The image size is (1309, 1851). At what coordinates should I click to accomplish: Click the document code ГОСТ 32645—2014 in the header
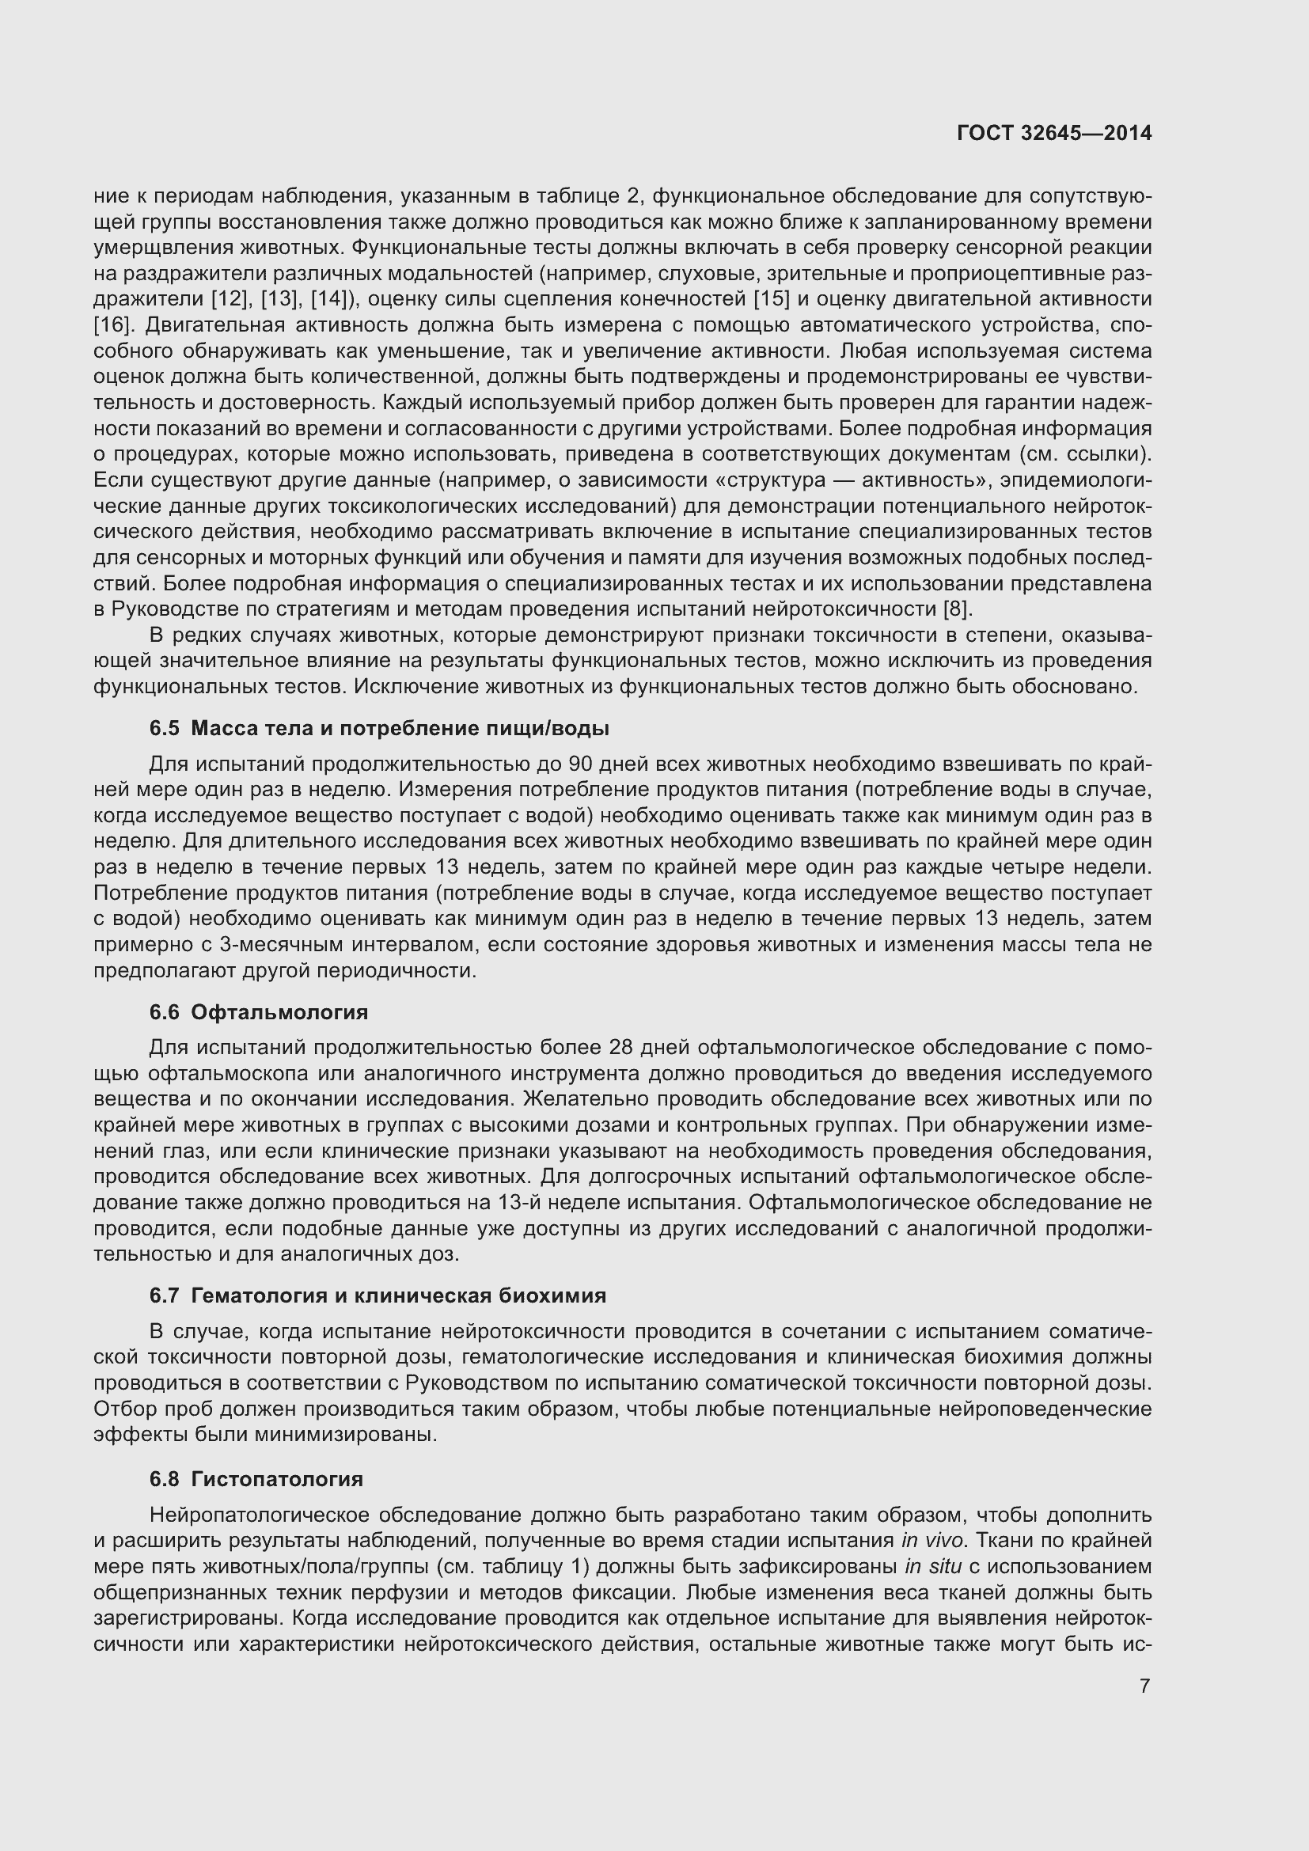coord(1054,134)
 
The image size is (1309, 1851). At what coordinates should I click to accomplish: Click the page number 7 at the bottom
coord(1144,1686)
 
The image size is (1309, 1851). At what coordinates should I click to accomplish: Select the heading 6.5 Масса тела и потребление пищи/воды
coord(379,729)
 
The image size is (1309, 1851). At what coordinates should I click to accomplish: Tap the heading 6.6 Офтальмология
coord(259,1013)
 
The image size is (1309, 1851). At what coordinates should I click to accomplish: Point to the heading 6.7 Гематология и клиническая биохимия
coord(378,1295)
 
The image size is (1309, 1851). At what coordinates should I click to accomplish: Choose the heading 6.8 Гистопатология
coord(256,1479)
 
